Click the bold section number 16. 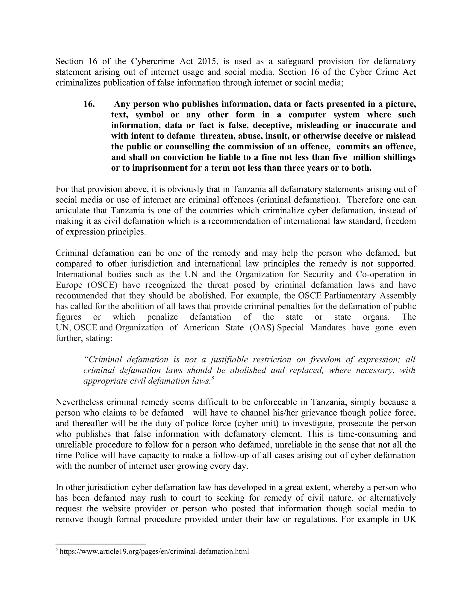(89, 104)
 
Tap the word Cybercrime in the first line (152, 61)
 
